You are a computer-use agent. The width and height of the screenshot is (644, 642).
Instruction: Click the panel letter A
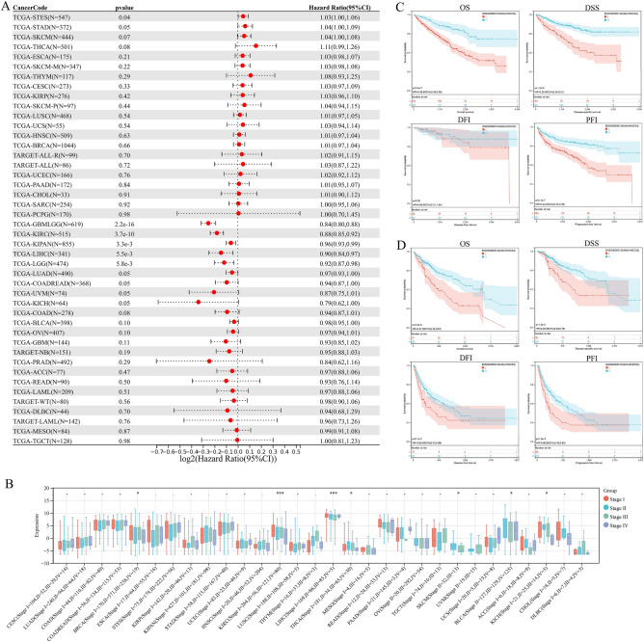(6, 7)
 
